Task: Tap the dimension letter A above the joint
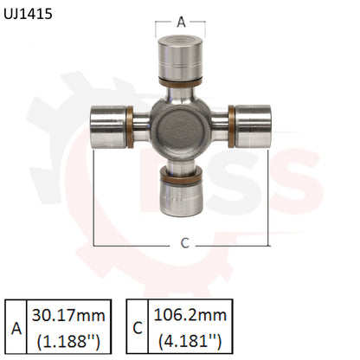click(181, 22)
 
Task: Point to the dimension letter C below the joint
click(183, 243)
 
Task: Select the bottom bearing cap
click(181, 195)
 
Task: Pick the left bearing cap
click(109, 125)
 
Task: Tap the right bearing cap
click(252, 125)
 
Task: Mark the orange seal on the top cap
click(180, 82)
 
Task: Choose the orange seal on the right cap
click(231, 125)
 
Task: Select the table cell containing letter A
click(15, 327)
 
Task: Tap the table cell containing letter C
click(138, 327)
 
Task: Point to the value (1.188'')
click(66, 341)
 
